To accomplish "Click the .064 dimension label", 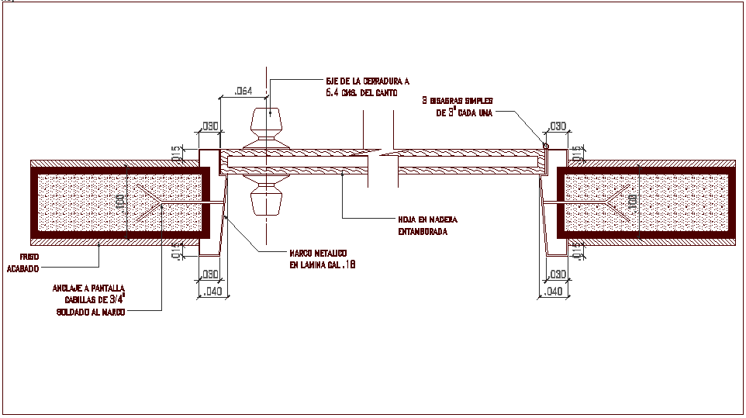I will (x=243, y=92).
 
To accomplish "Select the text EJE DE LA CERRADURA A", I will (x=367, y=81).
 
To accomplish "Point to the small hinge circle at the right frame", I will (x=545, y=146).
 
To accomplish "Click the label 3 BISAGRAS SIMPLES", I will (x=458, y=101).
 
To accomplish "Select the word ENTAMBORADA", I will (x=423, y=231).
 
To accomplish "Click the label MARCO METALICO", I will (x=323, y=254).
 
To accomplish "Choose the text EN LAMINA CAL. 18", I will (x=323, y=265).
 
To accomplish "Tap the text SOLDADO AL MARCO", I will (x=90, y=312).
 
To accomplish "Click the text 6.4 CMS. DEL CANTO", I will (x=361, y=92).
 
